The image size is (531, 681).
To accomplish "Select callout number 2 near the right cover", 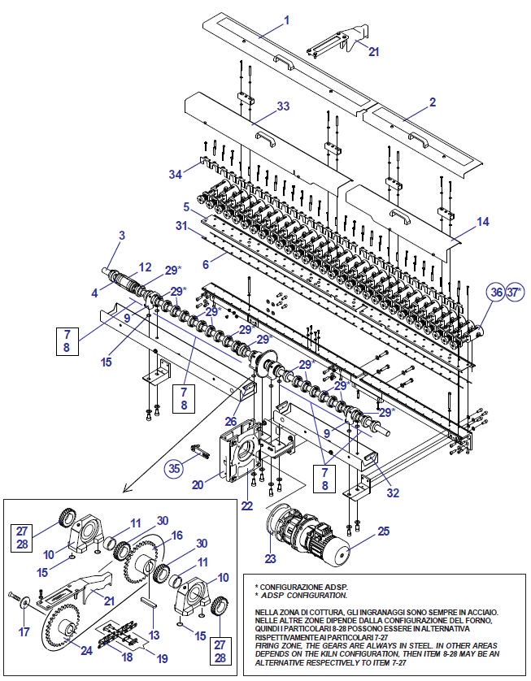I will [432, 102].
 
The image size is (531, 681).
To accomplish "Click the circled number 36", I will [495, 292].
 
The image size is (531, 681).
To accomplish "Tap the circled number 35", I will [175, 468].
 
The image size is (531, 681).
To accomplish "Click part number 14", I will [483, 220].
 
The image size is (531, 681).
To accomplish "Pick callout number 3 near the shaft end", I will [121, 236].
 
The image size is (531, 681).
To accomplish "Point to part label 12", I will [145, 267].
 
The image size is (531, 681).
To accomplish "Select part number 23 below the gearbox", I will [270, 559].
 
